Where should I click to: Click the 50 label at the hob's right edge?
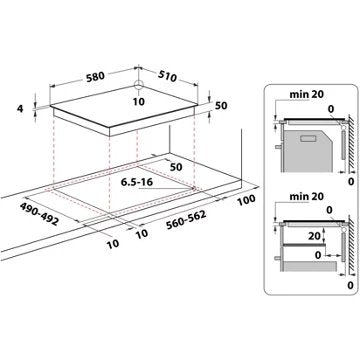(x=221, y=105)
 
